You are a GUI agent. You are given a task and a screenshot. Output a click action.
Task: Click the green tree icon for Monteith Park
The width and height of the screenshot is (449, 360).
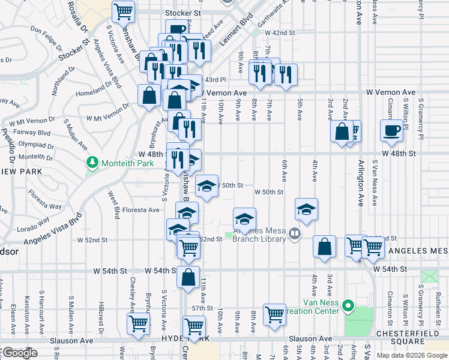[x=92, y=163]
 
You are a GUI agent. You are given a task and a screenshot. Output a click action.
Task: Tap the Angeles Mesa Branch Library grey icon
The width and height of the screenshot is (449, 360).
[x=294, y=233]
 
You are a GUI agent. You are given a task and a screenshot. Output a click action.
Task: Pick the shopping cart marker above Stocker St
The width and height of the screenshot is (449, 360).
[x=123, y=11]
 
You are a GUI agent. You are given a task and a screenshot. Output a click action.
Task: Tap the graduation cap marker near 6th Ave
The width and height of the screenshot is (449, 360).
[x=306, y=209]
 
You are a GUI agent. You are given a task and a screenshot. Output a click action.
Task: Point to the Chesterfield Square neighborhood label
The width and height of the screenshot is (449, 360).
[x=410, y=333]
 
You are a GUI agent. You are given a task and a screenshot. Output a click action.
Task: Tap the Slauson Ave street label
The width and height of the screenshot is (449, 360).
[x=76, y=340]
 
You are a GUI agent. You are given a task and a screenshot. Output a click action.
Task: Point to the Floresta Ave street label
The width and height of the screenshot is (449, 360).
[x=141, y=210]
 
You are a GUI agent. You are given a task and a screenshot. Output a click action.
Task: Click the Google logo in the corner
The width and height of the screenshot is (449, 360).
[x=20, y=353]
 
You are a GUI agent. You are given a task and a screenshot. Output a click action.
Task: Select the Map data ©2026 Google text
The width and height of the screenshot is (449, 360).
[x=411, y=355]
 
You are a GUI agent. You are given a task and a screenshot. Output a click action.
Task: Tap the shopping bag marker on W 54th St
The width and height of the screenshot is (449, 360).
[x=188, y=277]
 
